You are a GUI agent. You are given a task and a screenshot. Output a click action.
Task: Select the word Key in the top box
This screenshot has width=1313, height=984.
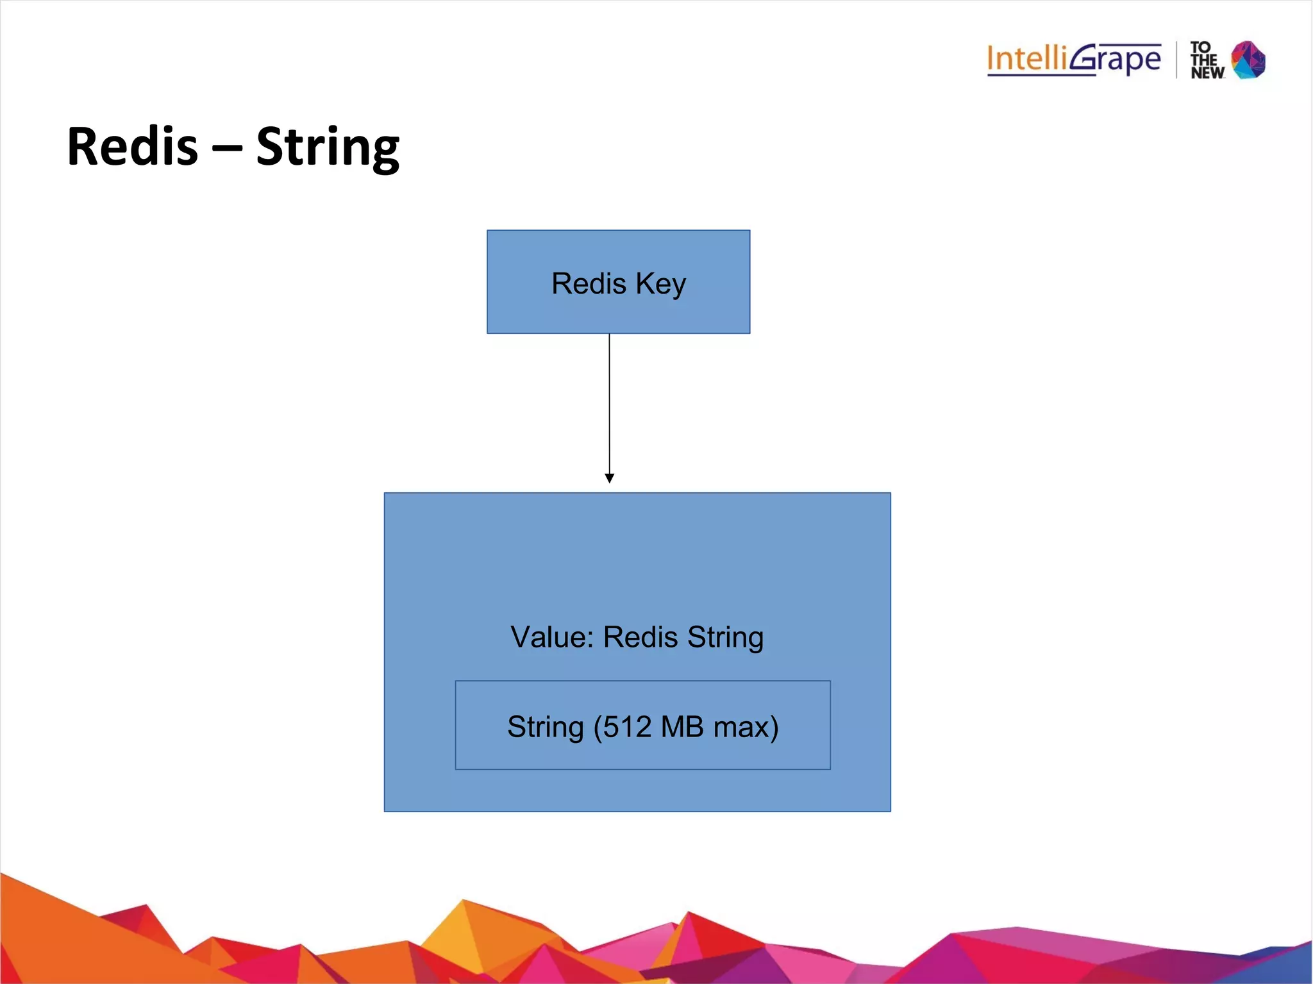660,284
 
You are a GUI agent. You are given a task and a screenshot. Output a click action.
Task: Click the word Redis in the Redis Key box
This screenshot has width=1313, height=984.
589,283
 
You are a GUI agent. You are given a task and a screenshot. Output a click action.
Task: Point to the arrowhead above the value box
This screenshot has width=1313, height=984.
609,478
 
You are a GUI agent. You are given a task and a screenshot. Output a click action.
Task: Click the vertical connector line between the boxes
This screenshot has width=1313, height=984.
609,404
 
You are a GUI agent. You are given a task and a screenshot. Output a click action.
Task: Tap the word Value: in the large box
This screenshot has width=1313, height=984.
552,637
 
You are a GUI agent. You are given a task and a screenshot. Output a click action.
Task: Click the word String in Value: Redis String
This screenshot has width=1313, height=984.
725,637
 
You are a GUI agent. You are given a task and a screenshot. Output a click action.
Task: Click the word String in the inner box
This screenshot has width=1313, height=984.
546,727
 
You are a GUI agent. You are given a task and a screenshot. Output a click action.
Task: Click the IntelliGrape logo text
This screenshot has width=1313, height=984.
1073,60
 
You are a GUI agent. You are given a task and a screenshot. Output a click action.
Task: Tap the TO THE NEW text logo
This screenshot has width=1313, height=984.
1207,60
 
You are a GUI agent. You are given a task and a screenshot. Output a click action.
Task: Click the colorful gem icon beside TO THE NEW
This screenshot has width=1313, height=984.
1248,60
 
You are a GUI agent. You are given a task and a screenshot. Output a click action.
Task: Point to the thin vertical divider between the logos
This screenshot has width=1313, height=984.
1176,60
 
